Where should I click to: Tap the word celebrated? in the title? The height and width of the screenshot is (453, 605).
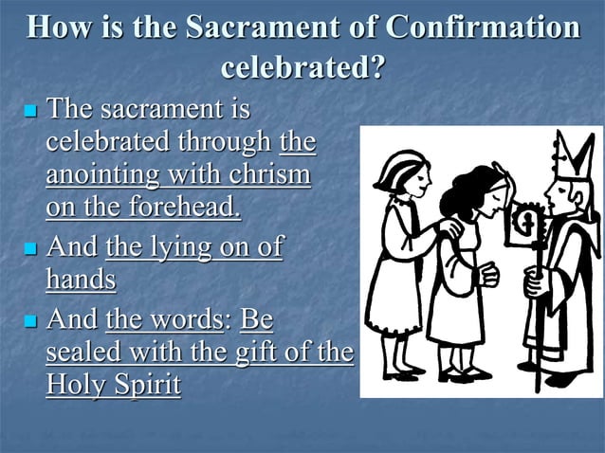302,68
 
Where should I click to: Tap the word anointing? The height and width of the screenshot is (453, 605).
100,177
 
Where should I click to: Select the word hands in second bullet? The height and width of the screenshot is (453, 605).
81,281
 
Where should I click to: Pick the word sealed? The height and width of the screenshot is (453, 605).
82,353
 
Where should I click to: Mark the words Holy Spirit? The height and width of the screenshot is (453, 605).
113,387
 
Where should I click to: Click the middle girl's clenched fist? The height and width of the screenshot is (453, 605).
488,274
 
